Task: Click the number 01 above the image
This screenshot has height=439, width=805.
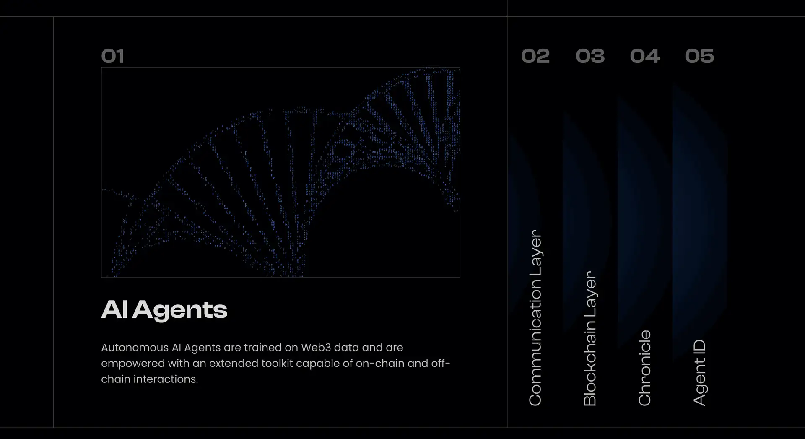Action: tap(112, 56)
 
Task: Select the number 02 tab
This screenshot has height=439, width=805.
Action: tap(535, 56)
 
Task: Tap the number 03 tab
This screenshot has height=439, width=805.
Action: tap(590, 56)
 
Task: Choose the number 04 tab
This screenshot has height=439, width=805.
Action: tap(644, 56)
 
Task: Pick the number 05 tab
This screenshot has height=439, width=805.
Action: tap(699, 56)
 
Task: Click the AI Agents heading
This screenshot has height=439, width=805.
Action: tap(164, 310)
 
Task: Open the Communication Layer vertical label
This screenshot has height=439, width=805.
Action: tap(535, 318)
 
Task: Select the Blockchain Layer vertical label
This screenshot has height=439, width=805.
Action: tap(590, 339)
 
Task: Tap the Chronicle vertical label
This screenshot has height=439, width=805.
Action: tap(644, 368)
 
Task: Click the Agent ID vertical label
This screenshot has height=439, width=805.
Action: tap(699, 373)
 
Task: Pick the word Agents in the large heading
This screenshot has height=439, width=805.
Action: tap(180, 311)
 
